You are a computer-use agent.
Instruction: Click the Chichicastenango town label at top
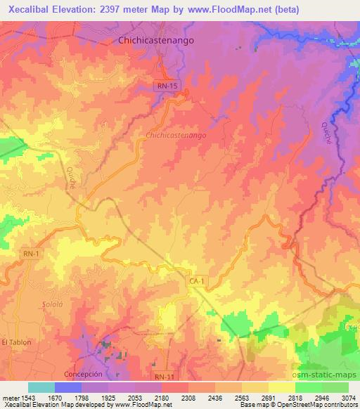(x=155, y=41)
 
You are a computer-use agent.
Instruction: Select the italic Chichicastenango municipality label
(x=176, y=134)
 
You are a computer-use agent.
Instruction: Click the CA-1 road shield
(x=196, y=280)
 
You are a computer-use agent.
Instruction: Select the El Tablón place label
(x=17, y=342)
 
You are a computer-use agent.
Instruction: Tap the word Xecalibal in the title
(x=34, y=10)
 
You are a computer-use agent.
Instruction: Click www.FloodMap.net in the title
(x=230, y=10)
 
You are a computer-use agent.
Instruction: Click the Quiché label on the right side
(x=327, y=131)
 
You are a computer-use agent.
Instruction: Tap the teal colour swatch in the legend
(x=41, y=387)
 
